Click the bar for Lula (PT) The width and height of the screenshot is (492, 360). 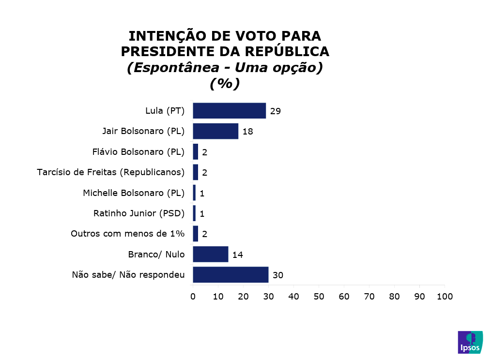click(x=229, y=111)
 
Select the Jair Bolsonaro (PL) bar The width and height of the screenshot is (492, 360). click(x=215, y=131)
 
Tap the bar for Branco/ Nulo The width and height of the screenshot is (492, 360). click(x=211, y=254)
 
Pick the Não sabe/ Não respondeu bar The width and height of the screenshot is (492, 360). click(x=231, y=275)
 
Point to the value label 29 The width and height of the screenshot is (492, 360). click(x=276, y=111)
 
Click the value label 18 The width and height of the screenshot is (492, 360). click(x=248, y=132)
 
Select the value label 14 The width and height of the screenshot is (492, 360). click(x=237, y=255)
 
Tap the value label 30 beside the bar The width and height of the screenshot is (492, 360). click(x=277, y=275)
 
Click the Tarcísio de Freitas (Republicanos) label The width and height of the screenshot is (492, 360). click(x=111, y=172)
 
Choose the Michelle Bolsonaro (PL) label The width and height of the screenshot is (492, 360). click(x=134, y=193)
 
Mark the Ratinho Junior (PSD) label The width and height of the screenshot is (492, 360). click(x=139, y=213)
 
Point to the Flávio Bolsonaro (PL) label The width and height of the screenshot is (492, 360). click(x=138, y=152)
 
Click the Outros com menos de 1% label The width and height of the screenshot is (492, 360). click(x=128, y=234)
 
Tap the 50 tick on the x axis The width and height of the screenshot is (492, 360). click(x=319, y=296)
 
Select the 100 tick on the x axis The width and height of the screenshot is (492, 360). click(x=445, y=296)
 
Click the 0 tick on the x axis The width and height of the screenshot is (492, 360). click(x=193, y=296)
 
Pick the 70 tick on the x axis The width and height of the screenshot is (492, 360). click(x=369, y=296)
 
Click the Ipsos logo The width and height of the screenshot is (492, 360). click(x=470, y=342)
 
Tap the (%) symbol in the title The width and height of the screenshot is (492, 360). click(x=225, y=84)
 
